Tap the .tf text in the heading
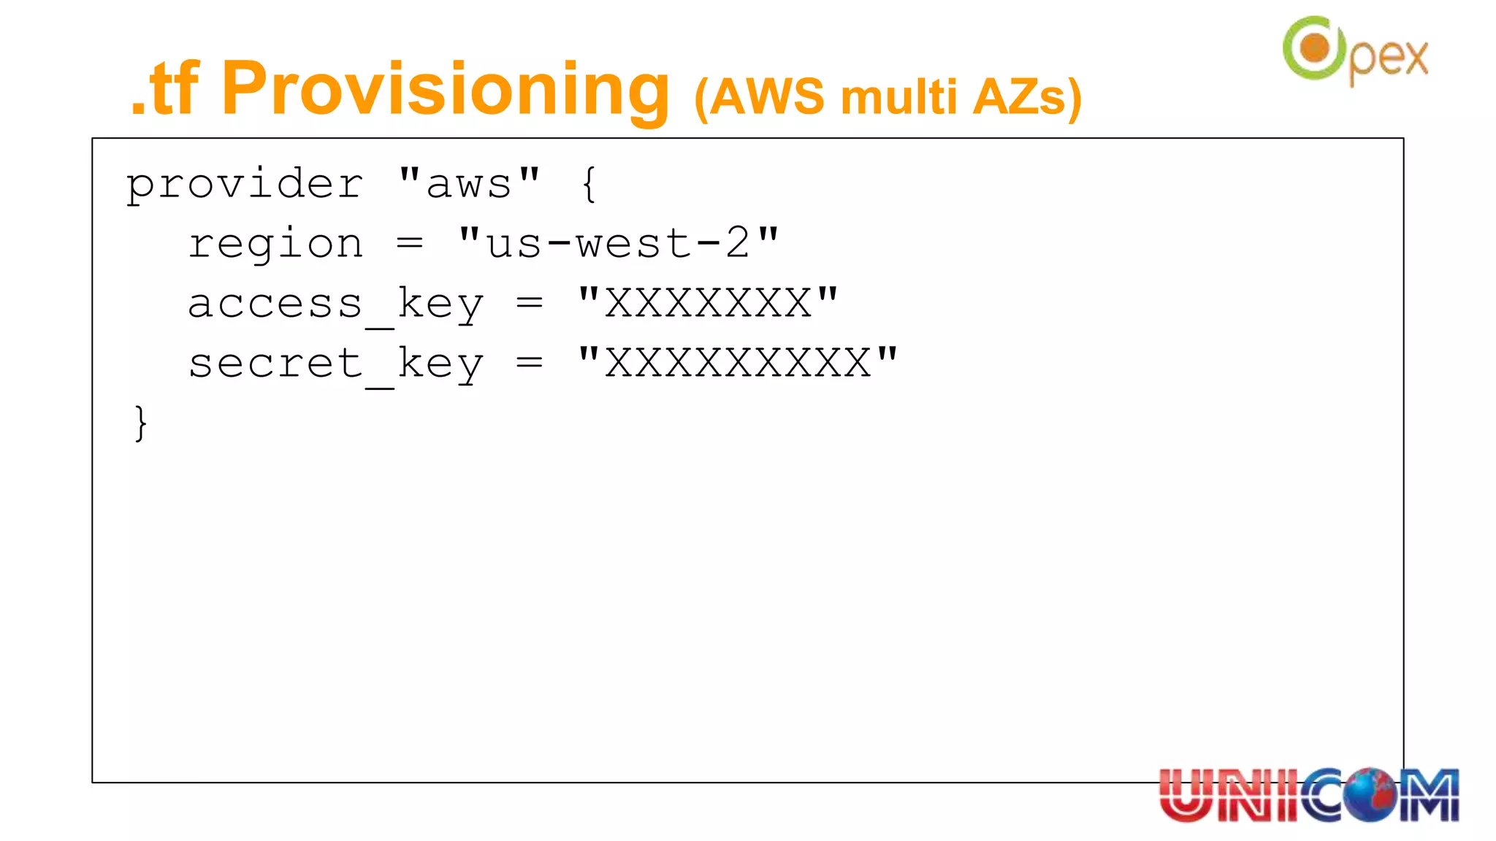[x=164, y=89]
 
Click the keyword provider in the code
[x=245, y=184]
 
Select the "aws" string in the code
[x=469, y=184]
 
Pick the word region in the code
[x=275, y=244]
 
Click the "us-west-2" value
[x=619, y=244]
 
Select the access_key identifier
[x=335, y=304]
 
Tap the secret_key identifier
[x=335, y=364]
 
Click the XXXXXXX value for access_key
[x=708, y=304]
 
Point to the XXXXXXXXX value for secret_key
[x=738, y=364]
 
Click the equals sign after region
[x=410, y=244]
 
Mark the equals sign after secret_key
[x=530, y=364]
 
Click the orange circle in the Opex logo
[x=1316, y=48]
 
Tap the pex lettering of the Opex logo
[x=1388, y=58]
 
